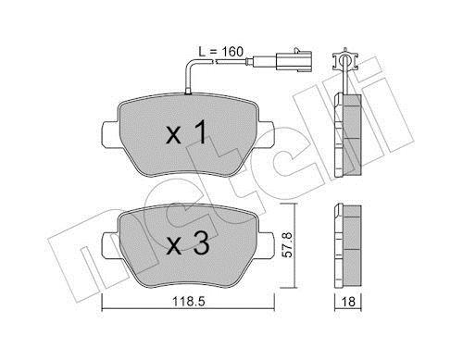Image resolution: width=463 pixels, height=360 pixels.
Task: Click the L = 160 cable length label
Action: tap(220, 52)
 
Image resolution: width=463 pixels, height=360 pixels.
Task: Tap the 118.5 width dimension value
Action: tap(188, 302)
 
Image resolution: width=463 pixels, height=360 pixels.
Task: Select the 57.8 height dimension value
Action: tap(288, 245)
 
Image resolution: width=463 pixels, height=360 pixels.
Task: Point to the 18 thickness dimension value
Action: tap(348, 302)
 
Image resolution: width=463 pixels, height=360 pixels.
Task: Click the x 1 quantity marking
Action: tap(186, 132)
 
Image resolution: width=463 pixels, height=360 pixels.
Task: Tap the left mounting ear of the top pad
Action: tap(110, 135)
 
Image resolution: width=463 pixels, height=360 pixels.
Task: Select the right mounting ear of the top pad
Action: tap(265, 135)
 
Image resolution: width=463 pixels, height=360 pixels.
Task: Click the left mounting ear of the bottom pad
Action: tap(110, 246)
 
